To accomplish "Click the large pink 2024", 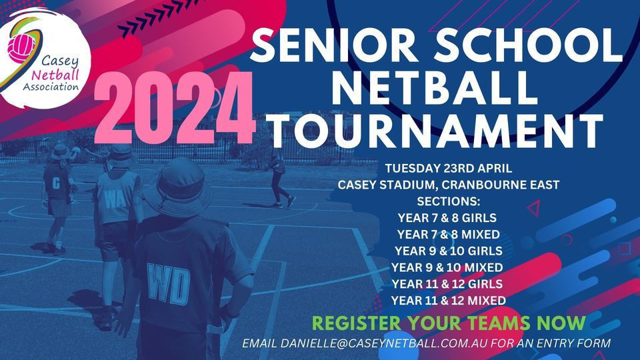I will (x=175, y=108).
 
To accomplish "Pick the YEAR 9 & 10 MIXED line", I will (x=449, y=267).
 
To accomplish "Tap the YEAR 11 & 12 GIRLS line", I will (x=449, y=284).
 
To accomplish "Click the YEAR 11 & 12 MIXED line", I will (x=449, y=301).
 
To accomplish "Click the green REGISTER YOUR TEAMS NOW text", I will (x=449, y=324).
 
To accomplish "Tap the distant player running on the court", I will (x=279, y=177).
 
